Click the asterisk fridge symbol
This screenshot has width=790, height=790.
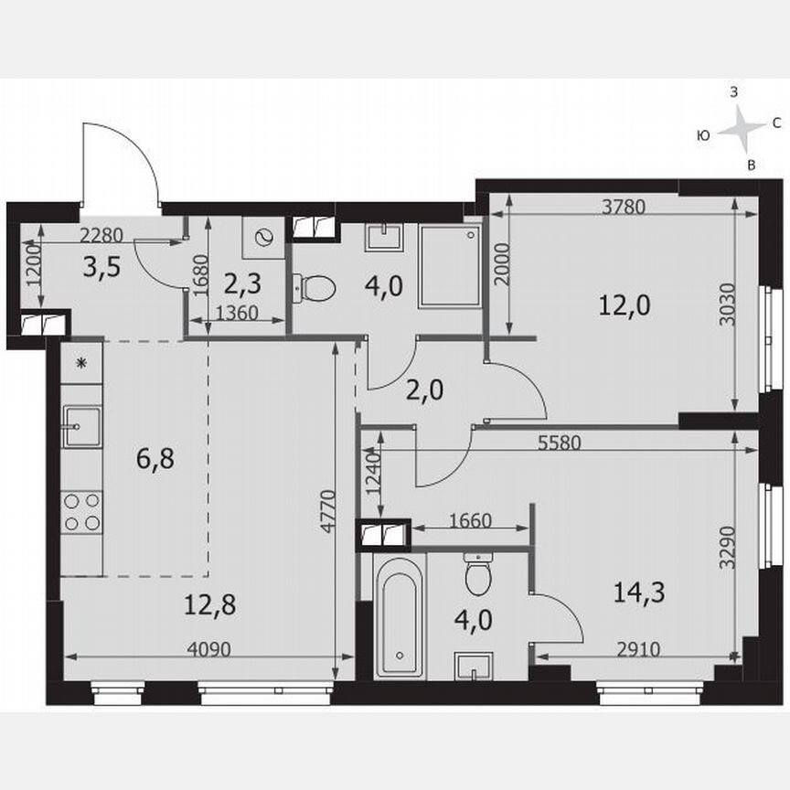tap(80, 364)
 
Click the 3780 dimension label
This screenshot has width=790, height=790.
tap(624, 207)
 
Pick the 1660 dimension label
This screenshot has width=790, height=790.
tap(470, 522)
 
